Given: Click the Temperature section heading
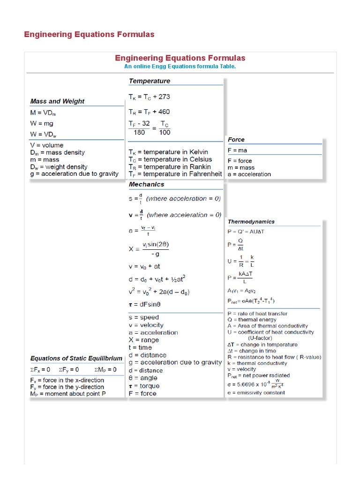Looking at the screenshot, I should [150, 81].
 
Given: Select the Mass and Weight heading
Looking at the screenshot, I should [57, 101].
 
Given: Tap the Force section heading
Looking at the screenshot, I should [236, 140].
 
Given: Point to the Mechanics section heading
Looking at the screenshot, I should [147, 185].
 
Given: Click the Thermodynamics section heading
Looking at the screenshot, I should [251, 222].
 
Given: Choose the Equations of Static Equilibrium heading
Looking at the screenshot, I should [76, 359].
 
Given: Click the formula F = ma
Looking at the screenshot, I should [237, 150].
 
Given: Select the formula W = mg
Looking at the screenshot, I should [42, 123].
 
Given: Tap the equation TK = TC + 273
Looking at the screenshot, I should [150, 97].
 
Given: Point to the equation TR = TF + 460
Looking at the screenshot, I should [150, 112].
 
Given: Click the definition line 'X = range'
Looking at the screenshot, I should [143, 340].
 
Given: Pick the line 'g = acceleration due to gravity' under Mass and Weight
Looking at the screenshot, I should [75, 174].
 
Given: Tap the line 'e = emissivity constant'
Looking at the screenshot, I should [256, 392].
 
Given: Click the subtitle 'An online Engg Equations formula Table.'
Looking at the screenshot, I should [180, 67].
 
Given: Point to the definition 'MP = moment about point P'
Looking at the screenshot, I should [68, 394].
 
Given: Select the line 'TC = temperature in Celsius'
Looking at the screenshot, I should [170, 159].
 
